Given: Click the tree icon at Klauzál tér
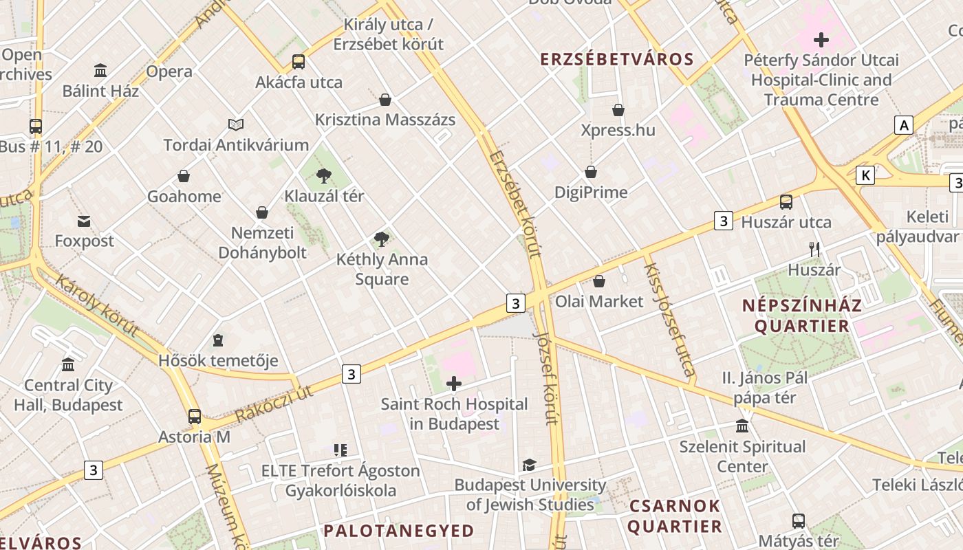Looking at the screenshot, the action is pos(323,176).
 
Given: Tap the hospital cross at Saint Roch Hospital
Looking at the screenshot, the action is pos(454,384).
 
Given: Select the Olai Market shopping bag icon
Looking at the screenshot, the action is pos(599,281).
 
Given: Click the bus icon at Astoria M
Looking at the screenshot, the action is pos(195,417).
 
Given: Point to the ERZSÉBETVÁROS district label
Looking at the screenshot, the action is pos(617,59).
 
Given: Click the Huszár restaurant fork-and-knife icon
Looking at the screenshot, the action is pos(814,250).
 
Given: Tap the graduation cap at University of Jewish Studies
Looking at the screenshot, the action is pos(529,465).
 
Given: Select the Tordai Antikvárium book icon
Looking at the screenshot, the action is pos(236,124).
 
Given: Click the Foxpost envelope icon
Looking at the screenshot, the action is pos(84,221).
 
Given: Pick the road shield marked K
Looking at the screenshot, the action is pos(865,175).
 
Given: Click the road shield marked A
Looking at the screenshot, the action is pos(904,125).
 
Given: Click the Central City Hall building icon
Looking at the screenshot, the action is pos(68,365).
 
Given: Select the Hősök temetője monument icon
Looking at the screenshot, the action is pos(218,340).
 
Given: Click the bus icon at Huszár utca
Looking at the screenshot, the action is pos(786,202).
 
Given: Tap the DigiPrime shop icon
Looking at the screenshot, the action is pos(591,172).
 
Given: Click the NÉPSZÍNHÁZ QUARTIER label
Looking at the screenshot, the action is pos(801,316).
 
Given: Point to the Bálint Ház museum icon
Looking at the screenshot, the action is pos(100,71).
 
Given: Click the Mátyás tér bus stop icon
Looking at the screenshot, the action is pos(798,521).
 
